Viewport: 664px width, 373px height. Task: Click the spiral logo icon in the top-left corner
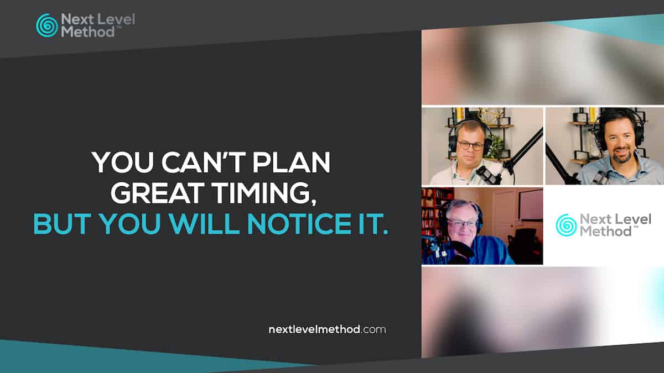tap(47, 25)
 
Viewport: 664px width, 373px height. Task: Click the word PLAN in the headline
tap(291, 162)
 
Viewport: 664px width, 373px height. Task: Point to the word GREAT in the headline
tap(158, 193)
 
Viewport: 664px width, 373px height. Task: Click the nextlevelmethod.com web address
tap(327, 329)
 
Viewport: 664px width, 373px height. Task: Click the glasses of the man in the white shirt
tap(470, 145)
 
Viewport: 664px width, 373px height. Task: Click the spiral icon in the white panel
tap(566, 225)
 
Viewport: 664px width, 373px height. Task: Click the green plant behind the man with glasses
tap(496, 147)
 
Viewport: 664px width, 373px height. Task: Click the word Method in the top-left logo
tap(88, 32)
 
